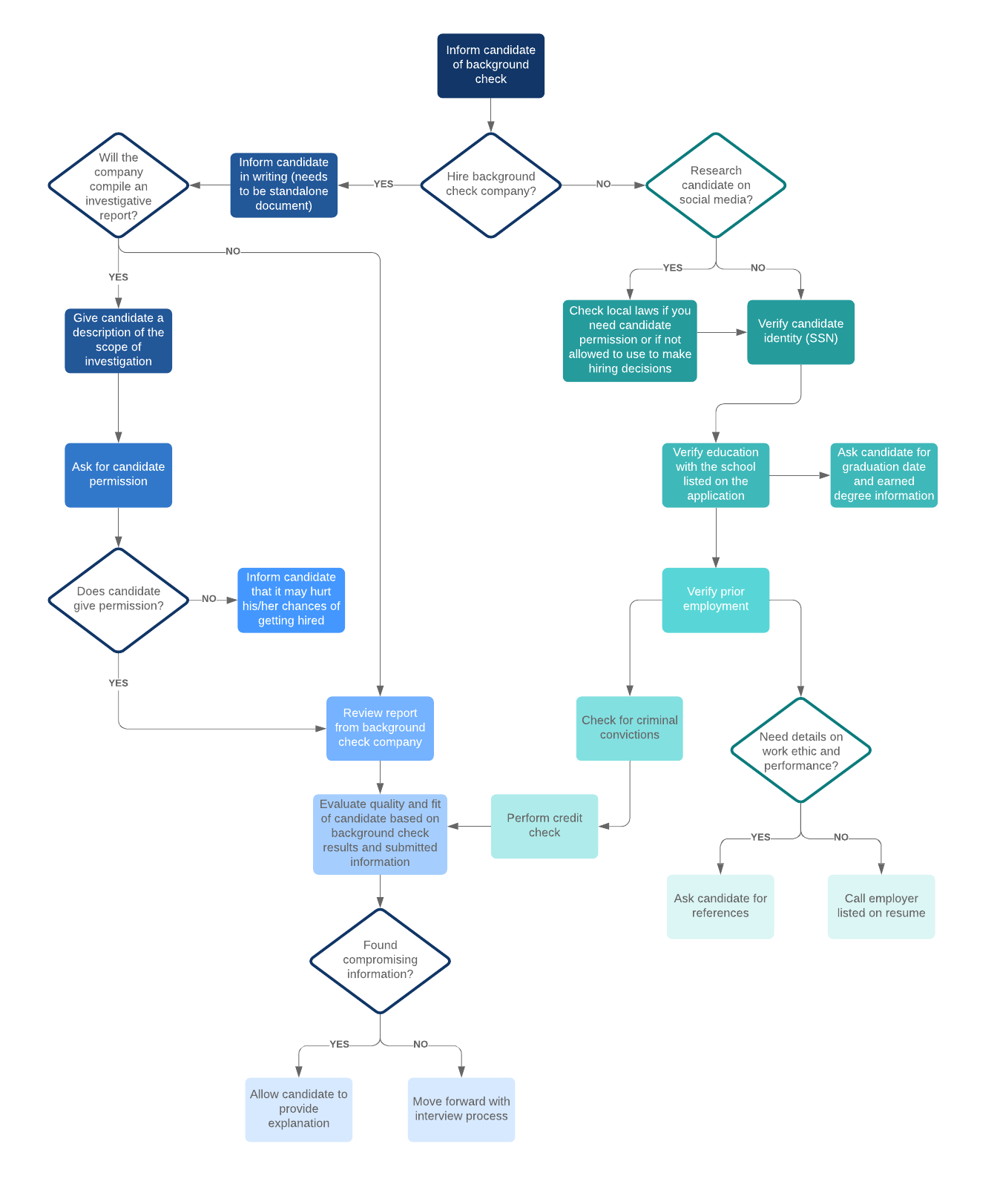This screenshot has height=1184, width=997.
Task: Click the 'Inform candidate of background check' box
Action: pyautogui.click(x=490, y=65)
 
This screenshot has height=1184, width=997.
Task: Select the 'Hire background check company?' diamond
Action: pyautogui.click(x=490, y=185)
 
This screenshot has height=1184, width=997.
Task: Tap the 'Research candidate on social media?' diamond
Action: pyautogui.click(x=715, y=185)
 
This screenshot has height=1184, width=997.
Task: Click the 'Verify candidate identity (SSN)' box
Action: pyautogui.click(x=800, y=331)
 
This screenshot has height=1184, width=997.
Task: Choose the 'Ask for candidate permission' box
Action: pyautogui.click(x=118, y=474)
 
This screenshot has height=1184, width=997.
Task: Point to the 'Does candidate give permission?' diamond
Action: pyautogui.click(x=118, y=599)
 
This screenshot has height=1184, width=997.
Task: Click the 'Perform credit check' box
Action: pyautogui.click(x=544, y=826)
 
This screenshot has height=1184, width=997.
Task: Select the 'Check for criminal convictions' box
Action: pyautogui.click(x=629, y=727)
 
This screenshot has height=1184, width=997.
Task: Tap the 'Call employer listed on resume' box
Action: pyautogui.click(x=881, y=906)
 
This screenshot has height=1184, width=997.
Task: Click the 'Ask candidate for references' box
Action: pyautogui.click(x=720, y=906)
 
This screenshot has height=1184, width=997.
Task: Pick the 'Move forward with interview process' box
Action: pyautogui.click(x=461, y=1109)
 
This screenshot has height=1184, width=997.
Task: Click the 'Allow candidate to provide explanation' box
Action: pyautogui.click(x=298, y=1109)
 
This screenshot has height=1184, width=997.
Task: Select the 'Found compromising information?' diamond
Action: pyautogui.click(x=380, y=960)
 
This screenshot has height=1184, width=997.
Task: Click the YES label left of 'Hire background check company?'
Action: pyautogui.click(x=384, y=184)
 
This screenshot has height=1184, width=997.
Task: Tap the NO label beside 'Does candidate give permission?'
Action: pyautogui.click(x=209, y=599)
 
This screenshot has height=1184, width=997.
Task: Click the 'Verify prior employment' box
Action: pyautogui.click(x=715, y=599)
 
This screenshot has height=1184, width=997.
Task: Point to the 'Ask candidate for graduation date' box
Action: pyautogui.click(x=884, y=474)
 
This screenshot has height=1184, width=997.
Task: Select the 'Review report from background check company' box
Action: pyautogui.click(x=380, y=727)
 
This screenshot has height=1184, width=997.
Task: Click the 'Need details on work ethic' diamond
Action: pyautogui.click(x=800, y=750)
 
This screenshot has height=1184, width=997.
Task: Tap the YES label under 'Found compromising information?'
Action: pyautogui.click(x=339, y=1044)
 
